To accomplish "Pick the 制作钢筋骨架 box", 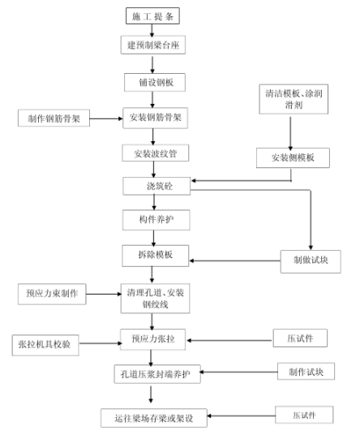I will (x=54, y=118).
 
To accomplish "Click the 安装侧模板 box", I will (x=294, y=157).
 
